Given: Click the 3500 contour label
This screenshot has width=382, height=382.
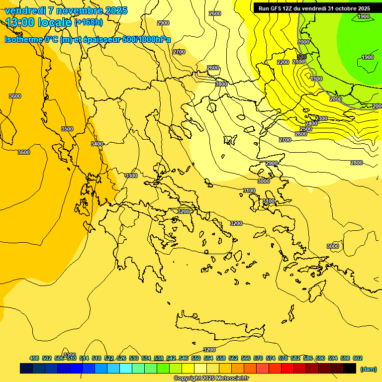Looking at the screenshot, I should (x=67, y=129).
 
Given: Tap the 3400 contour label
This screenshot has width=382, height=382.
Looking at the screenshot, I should (x=97, y=144).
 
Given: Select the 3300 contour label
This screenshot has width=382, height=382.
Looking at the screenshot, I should (x=131, y=176).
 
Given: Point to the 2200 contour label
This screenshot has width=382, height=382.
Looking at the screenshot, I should (x=283, y=62).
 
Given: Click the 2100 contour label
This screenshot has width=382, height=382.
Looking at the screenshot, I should (x=298, y=62).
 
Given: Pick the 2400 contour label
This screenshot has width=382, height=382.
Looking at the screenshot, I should (x=311, y=123).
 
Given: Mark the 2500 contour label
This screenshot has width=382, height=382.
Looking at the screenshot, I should (x=306, y=129).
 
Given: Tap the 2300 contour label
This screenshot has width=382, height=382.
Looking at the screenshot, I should (x=321, y=118).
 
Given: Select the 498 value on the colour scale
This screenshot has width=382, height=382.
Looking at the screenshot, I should (x=34, y=358).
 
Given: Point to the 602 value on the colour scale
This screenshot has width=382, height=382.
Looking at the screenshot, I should (x=358, y=358).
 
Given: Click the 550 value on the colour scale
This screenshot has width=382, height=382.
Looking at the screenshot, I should (x=196, y=358).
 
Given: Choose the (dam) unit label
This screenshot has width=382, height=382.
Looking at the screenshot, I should (x=368, y=369).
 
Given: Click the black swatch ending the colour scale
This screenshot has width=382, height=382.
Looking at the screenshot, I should (x=350, y=369).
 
